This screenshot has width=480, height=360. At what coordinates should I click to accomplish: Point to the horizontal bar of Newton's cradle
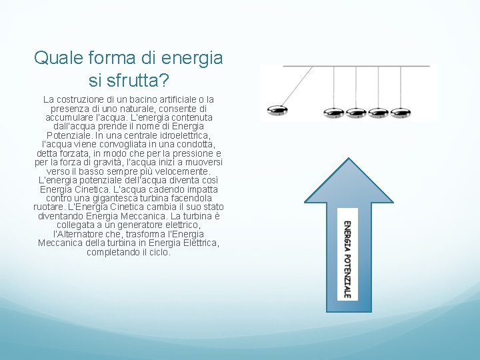[x=356, y=66]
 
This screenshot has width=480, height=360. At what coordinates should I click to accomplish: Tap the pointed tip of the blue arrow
[x=347, y=160]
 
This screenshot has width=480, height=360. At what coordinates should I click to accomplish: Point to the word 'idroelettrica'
[x=182, y=135]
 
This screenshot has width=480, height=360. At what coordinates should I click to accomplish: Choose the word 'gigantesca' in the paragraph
[x=108, y=199]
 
